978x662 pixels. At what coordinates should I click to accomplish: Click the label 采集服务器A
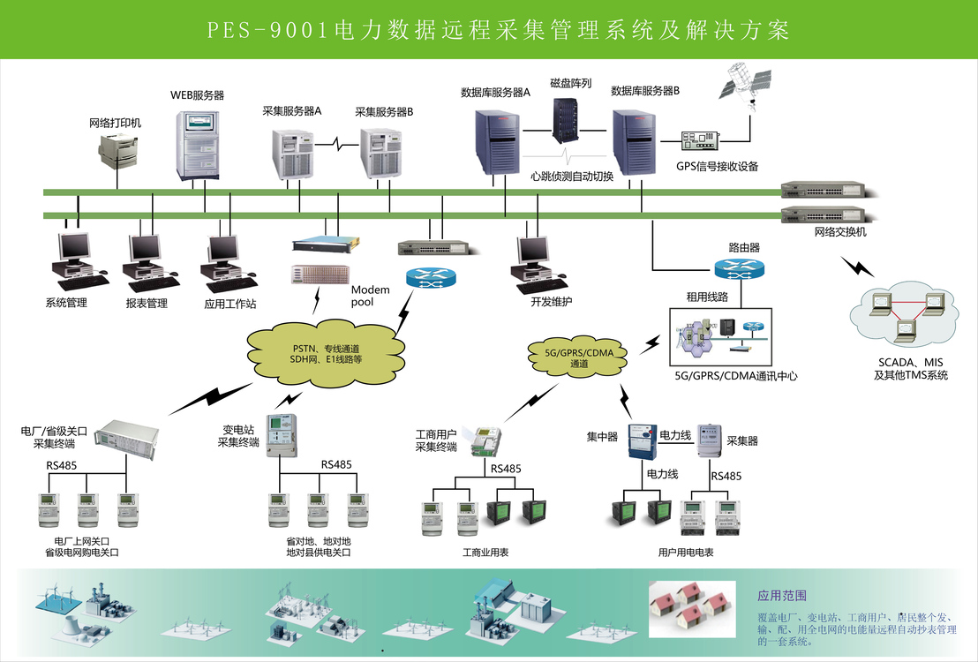(x=291, y=112)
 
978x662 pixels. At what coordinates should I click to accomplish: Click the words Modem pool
(x=369, y=296)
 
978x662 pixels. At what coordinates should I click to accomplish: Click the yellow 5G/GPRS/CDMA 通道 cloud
(x=578, y=358)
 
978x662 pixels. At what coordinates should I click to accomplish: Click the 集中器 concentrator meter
(x=643, y=440)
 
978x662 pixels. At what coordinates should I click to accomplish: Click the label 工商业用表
(x=485, y=553)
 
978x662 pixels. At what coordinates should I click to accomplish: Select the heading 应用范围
(x=782, y=596)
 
